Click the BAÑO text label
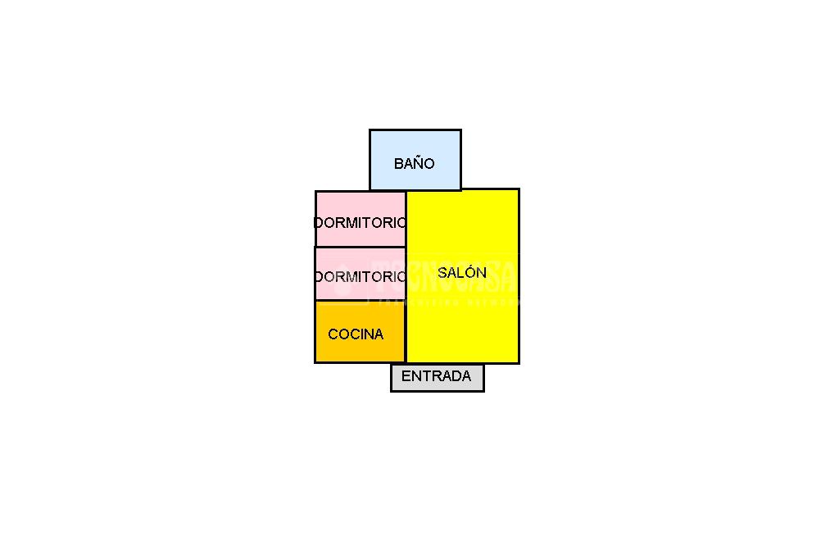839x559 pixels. coord(414,163)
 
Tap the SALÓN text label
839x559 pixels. coord(462,273)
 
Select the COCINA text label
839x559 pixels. coord(356,334)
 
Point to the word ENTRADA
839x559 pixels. coord(436,376)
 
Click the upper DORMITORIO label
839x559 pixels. coord(361,222)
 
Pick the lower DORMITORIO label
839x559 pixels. coord(361,276)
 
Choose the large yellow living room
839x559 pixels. coord(463,320)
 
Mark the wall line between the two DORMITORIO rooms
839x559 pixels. coord(361,247)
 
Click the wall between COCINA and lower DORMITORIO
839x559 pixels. coord(361,301)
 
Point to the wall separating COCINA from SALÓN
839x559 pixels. coord(406,332)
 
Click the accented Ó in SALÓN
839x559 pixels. coord(469,272)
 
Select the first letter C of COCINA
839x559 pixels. coord(333,334)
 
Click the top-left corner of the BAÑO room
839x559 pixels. coord(370,130)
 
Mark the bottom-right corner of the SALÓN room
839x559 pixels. coord(518,362)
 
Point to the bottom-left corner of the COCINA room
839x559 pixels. coord(315,361)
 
